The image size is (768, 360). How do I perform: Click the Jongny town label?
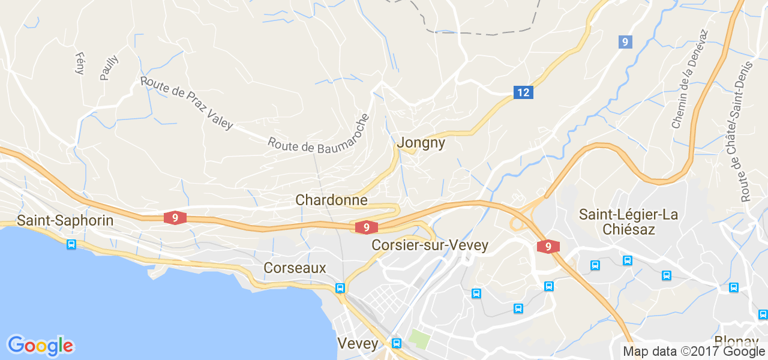(421, 143)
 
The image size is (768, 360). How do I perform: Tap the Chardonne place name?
(331, 200)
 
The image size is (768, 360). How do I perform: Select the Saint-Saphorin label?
(65, 220)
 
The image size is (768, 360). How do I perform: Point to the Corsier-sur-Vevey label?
(430, 245)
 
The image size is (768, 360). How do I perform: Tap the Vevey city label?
(358, 344)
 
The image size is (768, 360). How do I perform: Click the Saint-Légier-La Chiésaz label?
(628, 222)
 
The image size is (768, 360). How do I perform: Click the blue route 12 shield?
(523, 92)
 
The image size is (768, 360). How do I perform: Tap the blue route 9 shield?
(625, 42)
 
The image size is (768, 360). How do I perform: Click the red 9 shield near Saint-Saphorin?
(175, 218)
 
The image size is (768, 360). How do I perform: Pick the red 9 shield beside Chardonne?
(366, 227)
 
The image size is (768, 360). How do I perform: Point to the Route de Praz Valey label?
(186, 103)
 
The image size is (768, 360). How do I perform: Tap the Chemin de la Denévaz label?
(689, 79)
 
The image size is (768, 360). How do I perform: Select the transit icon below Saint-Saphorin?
(71, 244)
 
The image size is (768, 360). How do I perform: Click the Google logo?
(40, 346)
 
